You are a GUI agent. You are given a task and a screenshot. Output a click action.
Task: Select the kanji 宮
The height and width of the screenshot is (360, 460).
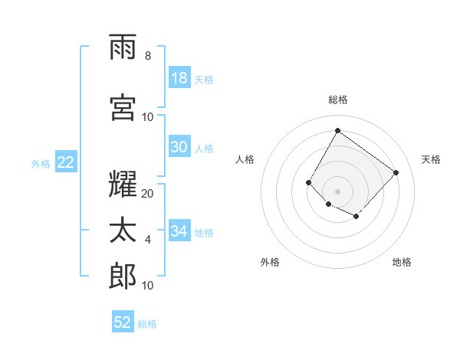(x=123, y=106)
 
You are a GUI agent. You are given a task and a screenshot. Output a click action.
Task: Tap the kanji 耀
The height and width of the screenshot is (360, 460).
(x=123, y=184)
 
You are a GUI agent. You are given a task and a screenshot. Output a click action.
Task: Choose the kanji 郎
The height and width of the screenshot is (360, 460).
(x=123, y=275)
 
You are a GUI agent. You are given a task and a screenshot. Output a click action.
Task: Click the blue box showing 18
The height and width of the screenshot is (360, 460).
(x=179, y=78)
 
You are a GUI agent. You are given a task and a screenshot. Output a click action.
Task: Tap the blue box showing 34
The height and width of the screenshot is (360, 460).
(x=179, y=231)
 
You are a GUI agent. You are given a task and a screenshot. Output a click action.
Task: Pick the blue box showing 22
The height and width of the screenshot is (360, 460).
(x=65, y=162)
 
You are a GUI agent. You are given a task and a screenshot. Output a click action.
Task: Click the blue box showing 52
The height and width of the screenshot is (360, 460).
(x=123, y=322)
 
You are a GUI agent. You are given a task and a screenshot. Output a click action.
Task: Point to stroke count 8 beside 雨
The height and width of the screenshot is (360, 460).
(x=148, y=56)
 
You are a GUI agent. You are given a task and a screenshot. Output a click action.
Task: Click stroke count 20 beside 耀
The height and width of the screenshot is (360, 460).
(x=148, y=194)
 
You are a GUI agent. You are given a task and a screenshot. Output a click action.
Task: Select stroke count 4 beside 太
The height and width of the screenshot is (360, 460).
(x=148, y=240)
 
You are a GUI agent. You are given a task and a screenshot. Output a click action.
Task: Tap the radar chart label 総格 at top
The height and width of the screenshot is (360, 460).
(x=338, y=100)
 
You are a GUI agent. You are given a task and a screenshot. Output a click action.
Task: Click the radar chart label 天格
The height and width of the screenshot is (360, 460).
(x=431, y=159)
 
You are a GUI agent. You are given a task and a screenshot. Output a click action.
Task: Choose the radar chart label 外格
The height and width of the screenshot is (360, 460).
(x=270, y=262)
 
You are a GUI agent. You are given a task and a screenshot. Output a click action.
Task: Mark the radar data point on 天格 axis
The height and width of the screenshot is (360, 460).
(x=396, y=172)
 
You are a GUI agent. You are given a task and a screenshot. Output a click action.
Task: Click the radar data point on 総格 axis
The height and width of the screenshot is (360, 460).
(x=337, y=130)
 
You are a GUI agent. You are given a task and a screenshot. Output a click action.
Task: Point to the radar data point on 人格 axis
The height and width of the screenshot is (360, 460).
(x=309, y=182)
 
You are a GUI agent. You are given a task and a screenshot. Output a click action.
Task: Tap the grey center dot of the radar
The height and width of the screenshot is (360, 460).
(x=337, y=191)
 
